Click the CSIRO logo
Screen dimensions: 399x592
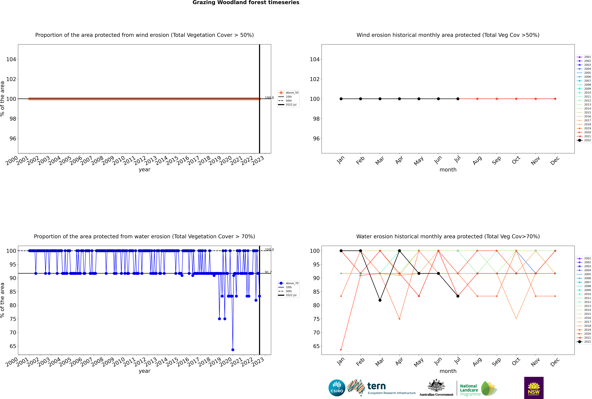(337, 388)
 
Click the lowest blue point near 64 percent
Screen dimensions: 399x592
(233, 350)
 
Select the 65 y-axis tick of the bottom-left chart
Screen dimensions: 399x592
(13, 346)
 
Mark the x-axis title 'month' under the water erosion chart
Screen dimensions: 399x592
(448, 371)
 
